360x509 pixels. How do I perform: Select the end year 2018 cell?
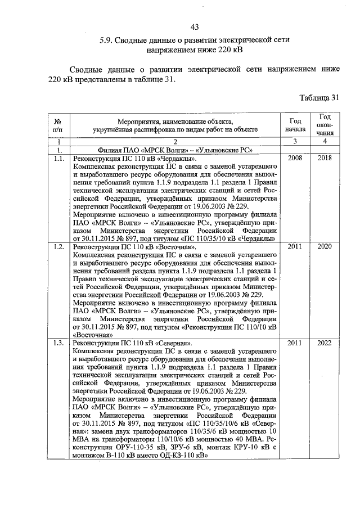pyautogui.click(x=324, y=159)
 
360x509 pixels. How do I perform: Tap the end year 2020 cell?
pyautogui.click(x=324, y=247)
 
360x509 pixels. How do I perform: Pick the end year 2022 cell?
pyautogui.click(x=324, y=343)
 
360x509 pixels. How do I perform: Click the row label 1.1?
pyautogui.click(x=58, y=159)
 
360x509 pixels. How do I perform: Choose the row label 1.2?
pyautogui.click(x=58, y=247)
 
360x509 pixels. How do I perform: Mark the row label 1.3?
pyautogui.click(x=58, y=343)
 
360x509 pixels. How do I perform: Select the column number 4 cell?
pyautogui.click(x=324, y=142)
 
